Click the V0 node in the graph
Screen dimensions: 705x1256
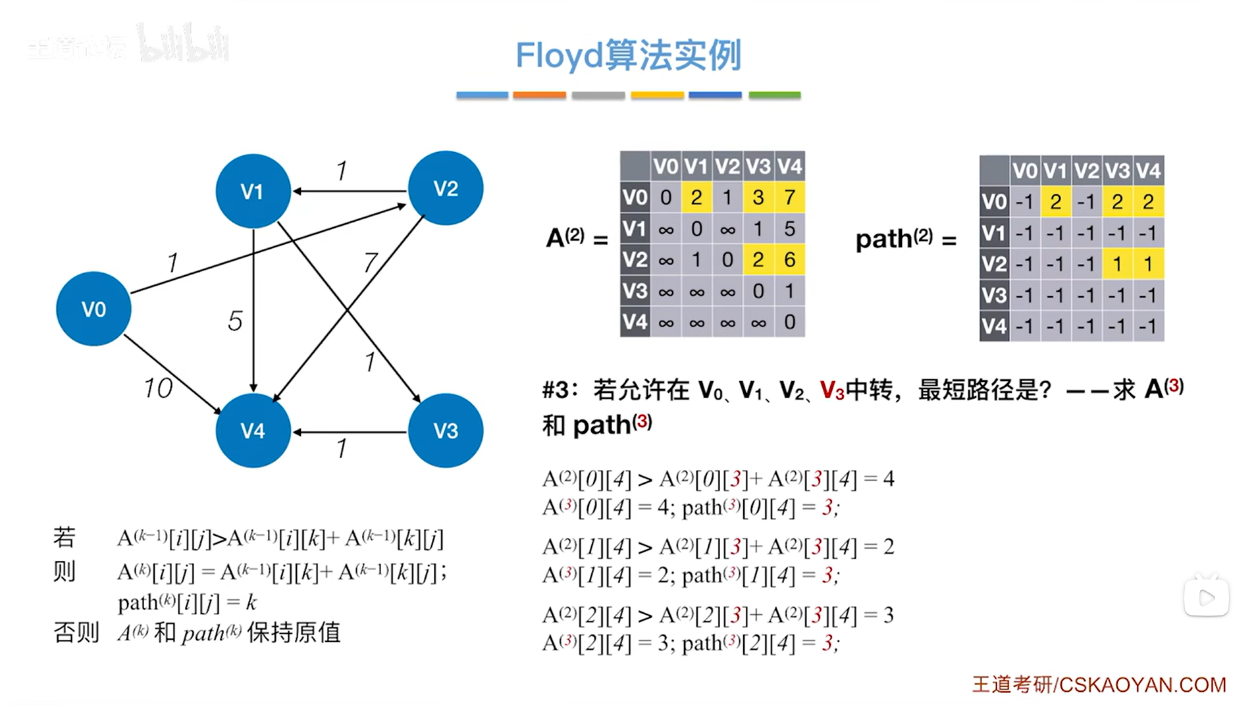(93, 309)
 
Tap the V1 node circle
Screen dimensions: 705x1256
(253, 192)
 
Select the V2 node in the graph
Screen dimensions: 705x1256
(446, 189)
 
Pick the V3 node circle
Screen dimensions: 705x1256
(446, 431)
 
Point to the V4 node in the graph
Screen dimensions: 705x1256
(253, 431)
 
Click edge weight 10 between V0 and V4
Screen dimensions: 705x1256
(158, 388)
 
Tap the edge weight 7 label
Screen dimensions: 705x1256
(371, 263)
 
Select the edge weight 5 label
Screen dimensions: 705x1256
(235, 321)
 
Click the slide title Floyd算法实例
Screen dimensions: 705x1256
(628, 55)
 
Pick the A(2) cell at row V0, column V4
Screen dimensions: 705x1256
(789, 197)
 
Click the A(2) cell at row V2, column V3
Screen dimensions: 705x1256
(758, 260)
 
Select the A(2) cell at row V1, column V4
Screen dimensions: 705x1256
(789, 229)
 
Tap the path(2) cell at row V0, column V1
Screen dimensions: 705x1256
(1055, 202)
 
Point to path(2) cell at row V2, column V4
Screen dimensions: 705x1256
(1148, 264)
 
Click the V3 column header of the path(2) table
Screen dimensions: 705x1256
(1117, 171)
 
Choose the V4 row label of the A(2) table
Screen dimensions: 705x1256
(635, 323)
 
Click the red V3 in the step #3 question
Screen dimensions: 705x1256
(831, 391)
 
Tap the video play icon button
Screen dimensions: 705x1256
(1206, 598)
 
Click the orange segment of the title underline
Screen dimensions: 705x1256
(539, 95)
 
